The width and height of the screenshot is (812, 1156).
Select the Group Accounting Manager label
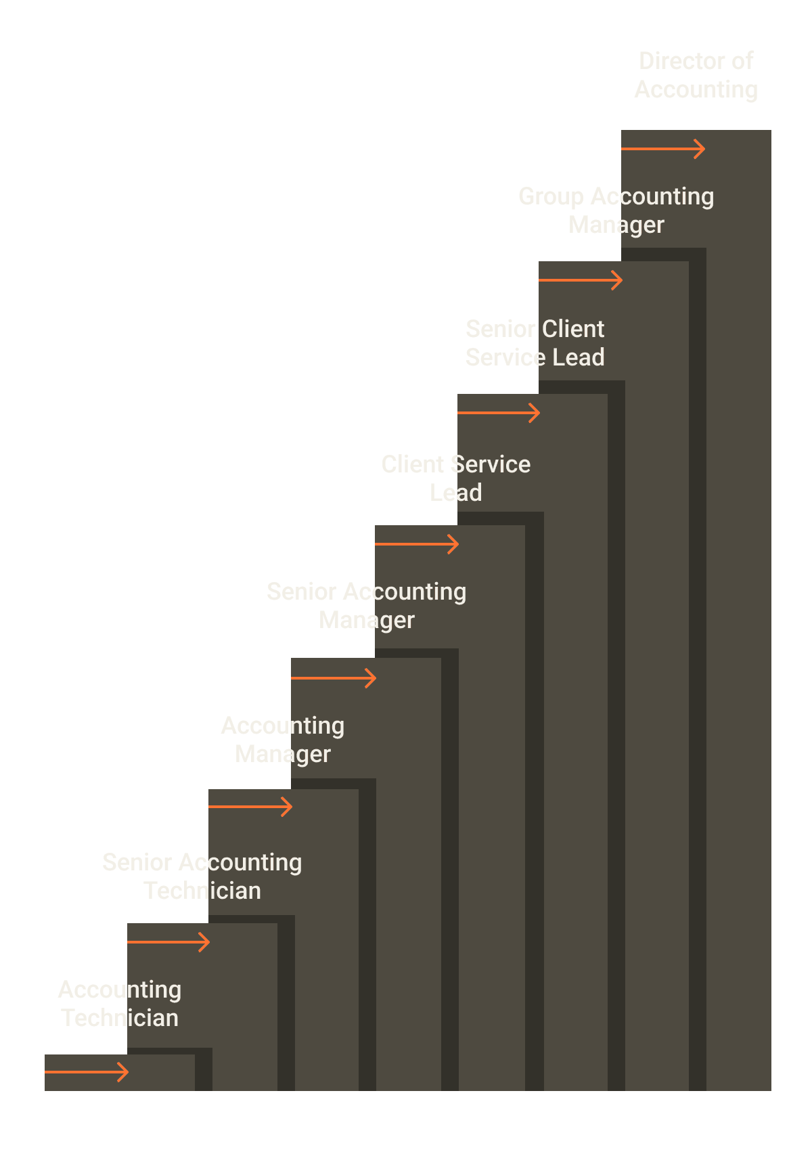tap(616, 210)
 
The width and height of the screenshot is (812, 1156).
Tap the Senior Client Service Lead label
tap(535, 343)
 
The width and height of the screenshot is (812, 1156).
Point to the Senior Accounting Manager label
tap(366, 606)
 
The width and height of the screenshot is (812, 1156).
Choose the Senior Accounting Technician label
tap(202, 876)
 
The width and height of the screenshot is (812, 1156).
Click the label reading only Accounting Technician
tap(120, 1004)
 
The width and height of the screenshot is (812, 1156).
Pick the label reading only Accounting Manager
tap(283, 740)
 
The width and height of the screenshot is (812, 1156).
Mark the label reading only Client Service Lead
tap(455, 479)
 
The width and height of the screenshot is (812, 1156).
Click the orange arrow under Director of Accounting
tap(663, 149)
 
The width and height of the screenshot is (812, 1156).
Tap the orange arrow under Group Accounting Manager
tap(581, 280)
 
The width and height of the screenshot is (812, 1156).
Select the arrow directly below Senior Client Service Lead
tap(499, 413)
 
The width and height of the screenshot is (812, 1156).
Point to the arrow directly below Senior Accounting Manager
tap(334, 678)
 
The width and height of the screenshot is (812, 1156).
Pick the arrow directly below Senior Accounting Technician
tap(168, 942)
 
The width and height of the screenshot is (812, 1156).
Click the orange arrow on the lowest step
tap(87, 1072)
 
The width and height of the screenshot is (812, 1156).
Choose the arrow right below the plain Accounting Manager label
tap(250, 807)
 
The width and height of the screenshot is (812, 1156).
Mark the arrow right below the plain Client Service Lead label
tap(417, 544)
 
